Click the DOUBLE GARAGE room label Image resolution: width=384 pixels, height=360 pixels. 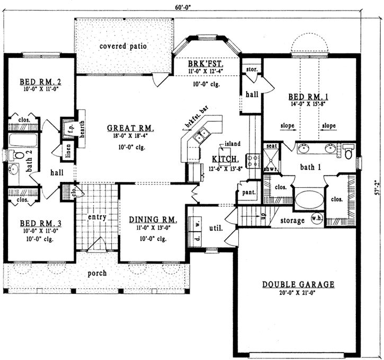[298, 285]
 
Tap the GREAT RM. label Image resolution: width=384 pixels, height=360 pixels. [130, 128]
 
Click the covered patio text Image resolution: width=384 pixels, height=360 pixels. [123, 46]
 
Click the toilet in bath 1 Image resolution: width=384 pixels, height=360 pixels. [347, 152]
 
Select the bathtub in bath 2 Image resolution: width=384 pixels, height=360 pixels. [23, 141]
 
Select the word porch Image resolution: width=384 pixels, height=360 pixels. [97, 274]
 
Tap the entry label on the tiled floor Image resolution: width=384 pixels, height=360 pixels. [97, 217]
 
